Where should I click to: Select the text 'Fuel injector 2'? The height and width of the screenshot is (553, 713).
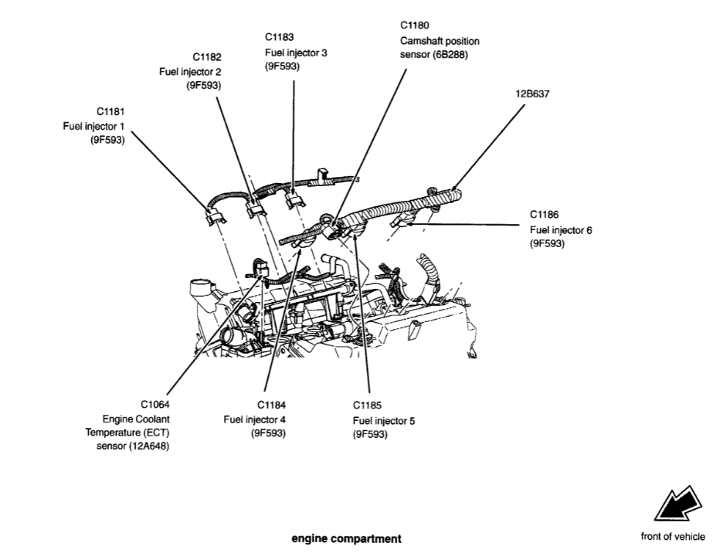coord(190,72)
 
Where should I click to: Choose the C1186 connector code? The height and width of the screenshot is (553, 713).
coord(545,215)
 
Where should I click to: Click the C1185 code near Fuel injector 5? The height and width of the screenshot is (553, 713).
coord(368,405)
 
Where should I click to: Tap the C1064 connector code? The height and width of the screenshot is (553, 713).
coord(154,405)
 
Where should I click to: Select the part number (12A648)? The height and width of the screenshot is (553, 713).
coord(141,446)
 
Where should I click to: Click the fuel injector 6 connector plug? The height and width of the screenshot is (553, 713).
coord(405,222)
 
